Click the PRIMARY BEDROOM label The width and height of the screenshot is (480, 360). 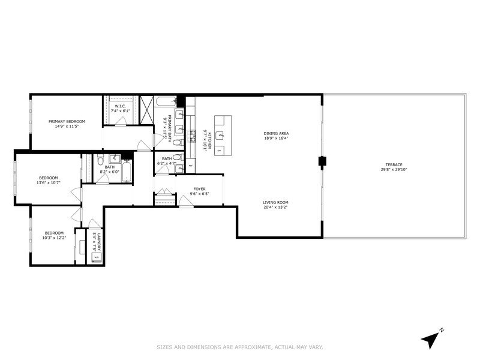67,121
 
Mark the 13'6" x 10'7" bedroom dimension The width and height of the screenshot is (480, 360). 48,184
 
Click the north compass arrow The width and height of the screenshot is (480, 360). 430,339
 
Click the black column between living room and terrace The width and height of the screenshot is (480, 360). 322,161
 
